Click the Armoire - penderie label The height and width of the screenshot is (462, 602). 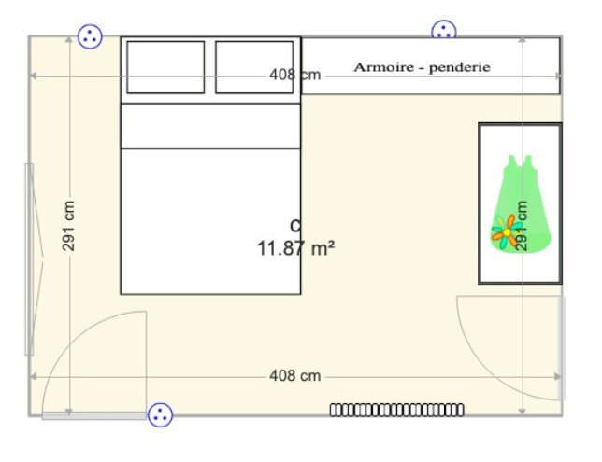click(x=422, y=67)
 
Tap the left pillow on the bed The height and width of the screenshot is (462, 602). click(x=165, y=67)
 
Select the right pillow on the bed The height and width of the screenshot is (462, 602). click(x=254, y=67)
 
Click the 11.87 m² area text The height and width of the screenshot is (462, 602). click(x=295, y=248)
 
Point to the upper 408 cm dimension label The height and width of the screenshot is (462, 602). click(x=294, y=75)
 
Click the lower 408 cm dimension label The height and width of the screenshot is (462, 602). click(x=294, y=376)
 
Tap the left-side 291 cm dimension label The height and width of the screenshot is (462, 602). click(x=68, y=226)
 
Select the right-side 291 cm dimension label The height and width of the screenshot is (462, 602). click(x=522, y=226)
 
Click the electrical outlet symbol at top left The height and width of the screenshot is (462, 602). click(x=90, y=36)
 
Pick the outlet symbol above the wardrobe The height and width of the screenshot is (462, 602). click(x=444, y=30)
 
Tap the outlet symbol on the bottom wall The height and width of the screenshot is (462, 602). click(x=160, y=414)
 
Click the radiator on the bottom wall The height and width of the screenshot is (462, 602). click(x=397, y=411)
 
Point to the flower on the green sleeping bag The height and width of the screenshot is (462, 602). click(x=507, y=232)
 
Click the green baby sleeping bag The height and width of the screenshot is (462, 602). click(x=521, y=203)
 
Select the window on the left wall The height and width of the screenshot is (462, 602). click(x=29, y=259)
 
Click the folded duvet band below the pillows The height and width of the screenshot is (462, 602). click(x=210, y=126)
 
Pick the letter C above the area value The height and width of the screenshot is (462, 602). click(x=295, y=226)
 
